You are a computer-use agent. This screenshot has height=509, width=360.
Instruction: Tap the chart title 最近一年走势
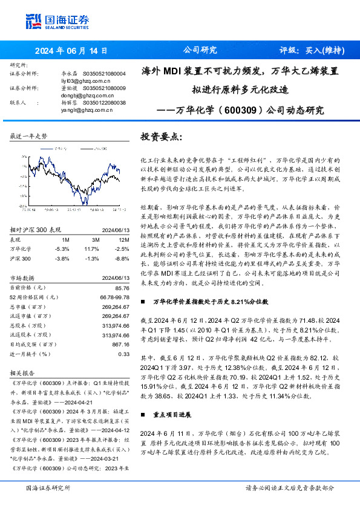pyautogui.click(x=29, y=136)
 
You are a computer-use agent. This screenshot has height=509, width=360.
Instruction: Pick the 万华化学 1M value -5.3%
pyautogui.click(x=62, y=232)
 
